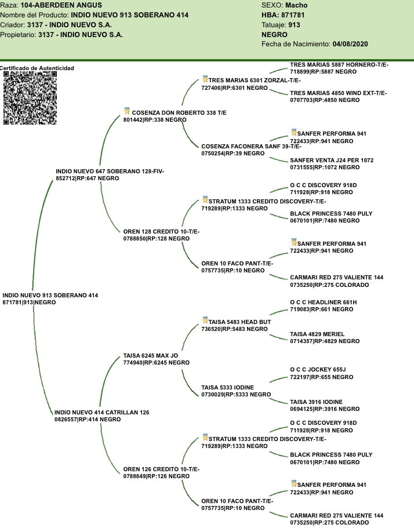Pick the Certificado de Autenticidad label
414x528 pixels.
click(37, 68)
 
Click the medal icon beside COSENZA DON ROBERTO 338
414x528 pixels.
click(127, 111)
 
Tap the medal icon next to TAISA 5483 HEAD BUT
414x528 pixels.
click(205, 321)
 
